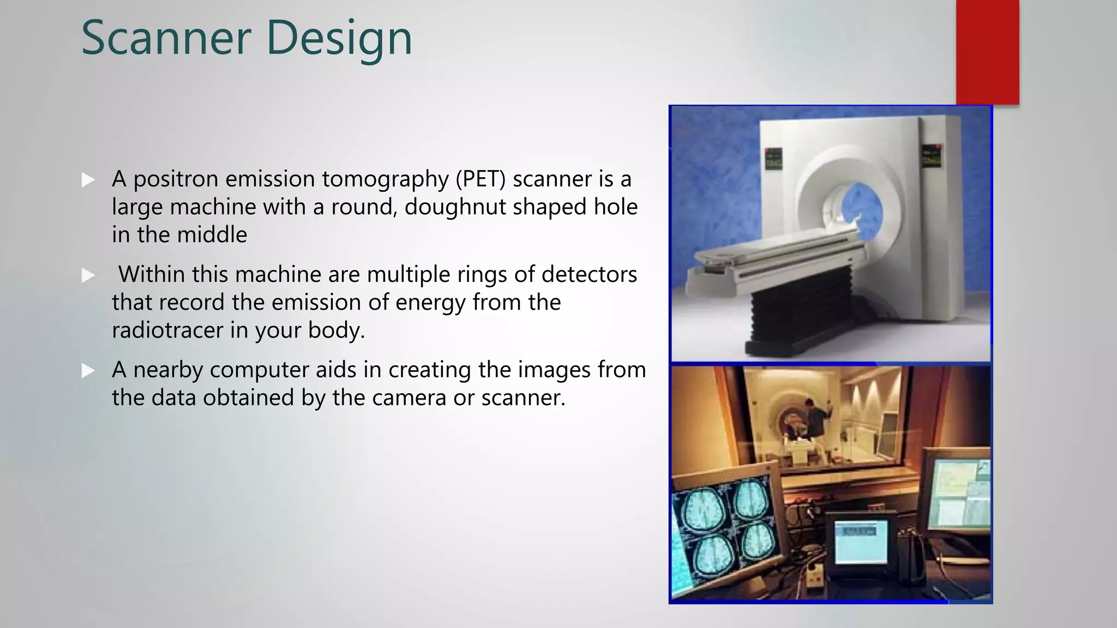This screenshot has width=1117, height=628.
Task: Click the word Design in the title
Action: pyautogui.click(x=339, y=38)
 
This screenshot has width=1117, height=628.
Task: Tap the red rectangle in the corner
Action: pyautogui.click(x=987, y=52)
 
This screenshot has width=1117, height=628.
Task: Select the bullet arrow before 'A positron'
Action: pyautogui.click(x=88, y=180)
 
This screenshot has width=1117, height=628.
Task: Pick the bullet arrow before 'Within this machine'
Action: pyautogui.click(x=88, y=275)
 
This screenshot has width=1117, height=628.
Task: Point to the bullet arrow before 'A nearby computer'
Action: pyautogui.click(x=88, y=371)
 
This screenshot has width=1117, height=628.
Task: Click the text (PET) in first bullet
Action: pyautogui.click(x=481, y=179)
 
